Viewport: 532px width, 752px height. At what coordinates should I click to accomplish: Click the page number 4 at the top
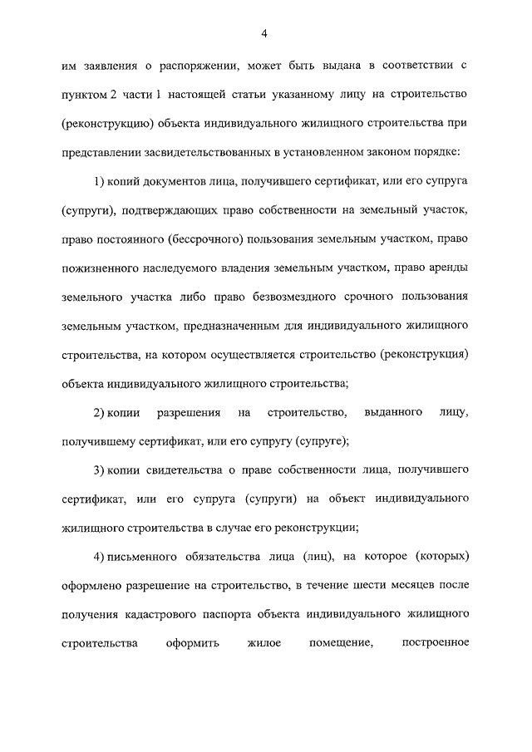(264, 33)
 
